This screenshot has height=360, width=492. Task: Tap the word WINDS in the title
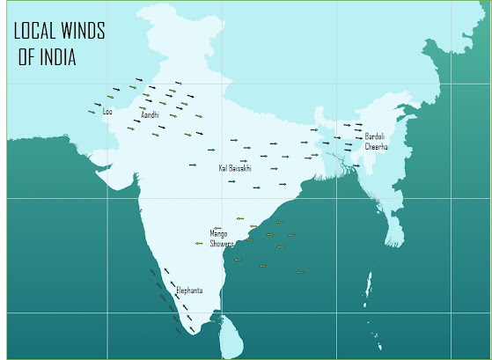(84, 33)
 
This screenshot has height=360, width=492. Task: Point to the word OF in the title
(25, 59)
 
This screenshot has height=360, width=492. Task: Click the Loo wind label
(108, 112)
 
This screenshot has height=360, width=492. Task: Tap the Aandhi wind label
(150, 114)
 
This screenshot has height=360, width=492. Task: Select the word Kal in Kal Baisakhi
(224, 166)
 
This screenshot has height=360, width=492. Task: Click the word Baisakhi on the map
(240, 166)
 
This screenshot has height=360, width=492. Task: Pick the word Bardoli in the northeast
(375, 136)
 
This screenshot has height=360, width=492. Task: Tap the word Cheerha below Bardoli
(376, 146)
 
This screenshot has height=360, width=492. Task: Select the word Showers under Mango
(221, 244)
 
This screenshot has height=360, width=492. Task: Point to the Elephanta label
(189, 290)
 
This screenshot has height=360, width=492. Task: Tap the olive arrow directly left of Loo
(91, 112)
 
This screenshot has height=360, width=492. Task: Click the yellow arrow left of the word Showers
(199, 243)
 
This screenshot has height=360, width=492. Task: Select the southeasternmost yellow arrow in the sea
(300, 272)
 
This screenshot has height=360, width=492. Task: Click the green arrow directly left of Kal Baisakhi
(193, 165)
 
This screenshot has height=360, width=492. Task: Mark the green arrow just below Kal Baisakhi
(231, 181)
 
